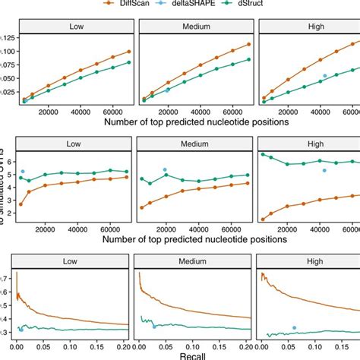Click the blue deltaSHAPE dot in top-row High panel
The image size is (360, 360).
click(325, 76)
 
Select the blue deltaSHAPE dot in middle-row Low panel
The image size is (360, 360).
click(23, 172)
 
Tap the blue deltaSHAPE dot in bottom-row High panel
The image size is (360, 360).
click(294, 327)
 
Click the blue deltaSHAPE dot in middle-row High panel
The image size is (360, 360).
click(324, 170)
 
